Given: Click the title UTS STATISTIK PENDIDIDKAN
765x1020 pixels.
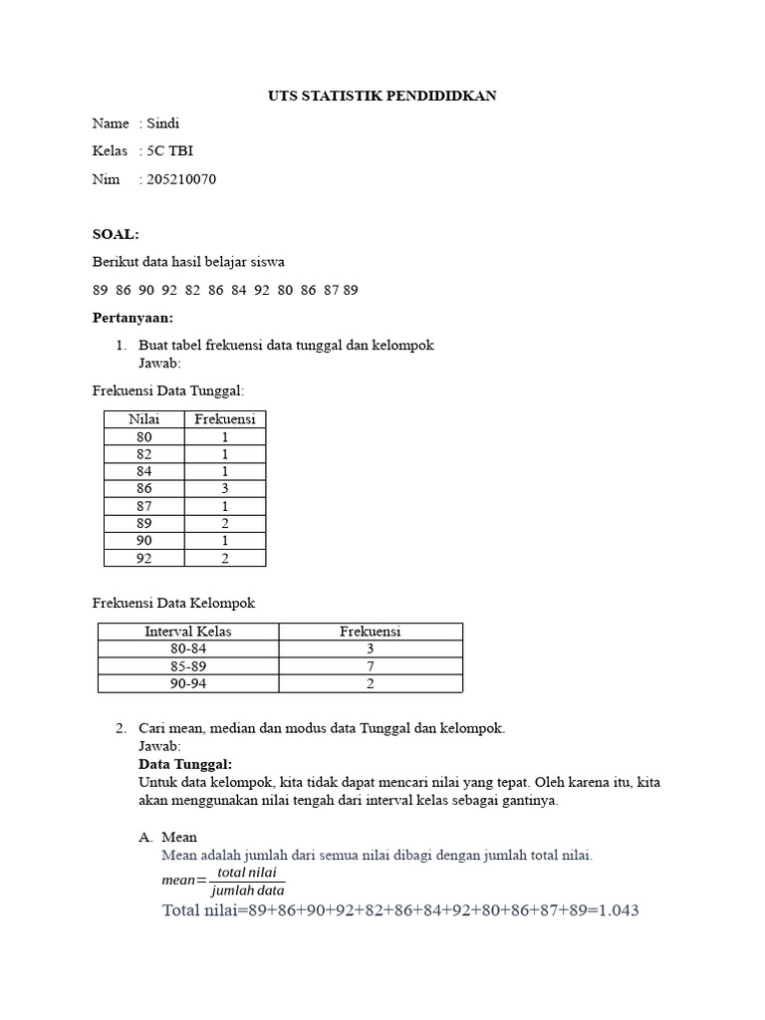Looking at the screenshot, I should tap(382, 96).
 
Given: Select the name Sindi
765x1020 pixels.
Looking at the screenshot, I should tap(162, 124).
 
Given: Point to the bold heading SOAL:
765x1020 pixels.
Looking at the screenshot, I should tap(116, 234).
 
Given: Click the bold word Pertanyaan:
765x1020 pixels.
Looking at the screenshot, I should tap(132, 318).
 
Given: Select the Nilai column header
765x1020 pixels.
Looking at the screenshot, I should tap(144, 419).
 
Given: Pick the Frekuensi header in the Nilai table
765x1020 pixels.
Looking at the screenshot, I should tap(225, 419).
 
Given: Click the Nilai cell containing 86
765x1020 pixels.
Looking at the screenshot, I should tap(144, 488).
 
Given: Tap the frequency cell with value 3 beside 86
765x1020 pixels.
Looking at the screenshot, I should tap(225, 488).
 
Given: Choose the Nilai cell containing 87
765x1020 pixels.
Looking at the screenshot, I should tap(144, 506).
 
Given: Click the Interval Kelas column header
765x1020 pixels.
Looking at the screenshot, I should tap(188, 632).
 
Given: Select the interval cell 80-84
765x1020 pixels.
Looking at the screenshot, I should tap(188, 648).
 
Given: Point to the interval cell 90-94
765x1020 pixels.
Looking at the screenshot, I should tap(188, 683).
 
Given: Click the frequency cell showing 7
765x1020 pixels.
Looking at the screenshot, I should tap(370, 665).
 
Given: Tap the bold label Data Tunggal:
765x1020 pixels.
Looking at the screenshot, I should tap(185, 764).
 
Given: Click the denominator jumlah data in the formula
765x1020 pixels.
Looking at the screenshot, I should tap(248, 891).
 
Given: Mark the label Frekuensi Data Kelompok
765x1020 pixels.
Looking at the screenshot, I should tap(174, 603).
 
